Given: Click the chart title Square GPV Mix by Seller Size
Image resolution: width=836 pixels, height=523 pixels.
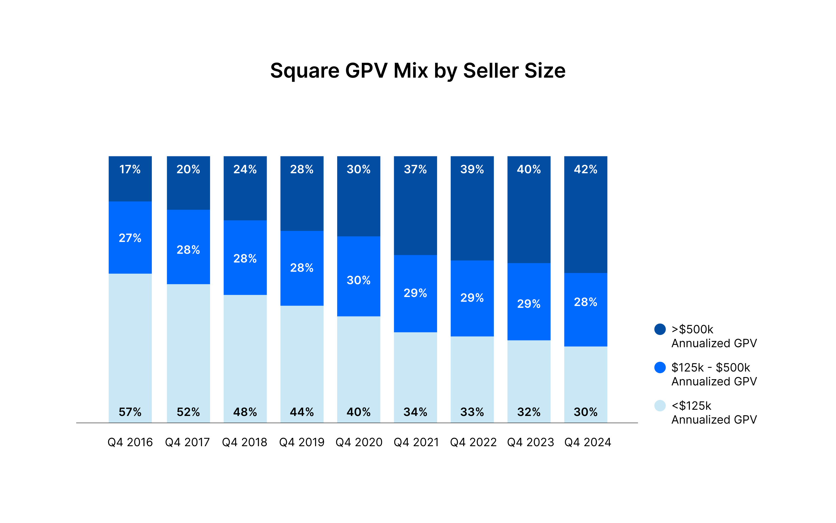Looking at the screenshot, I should (418, 71).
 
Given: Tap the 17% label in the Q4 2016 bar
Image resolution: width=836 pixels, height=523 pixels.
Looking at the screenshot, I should (130, 169).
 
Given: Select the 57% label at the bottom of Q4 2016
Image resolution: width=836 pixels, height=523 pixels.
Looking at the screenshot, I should (130, 412).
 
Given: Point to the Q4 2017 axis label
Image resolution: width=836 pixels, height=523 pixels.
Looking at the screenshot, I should (188, 442).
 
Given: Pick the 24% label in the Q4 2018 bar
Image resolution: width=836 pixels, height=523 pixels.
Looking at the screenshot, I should (245, 169).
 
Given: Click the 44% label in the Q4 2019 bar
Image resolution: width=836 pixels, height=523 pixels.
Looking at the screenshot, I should (302, 412).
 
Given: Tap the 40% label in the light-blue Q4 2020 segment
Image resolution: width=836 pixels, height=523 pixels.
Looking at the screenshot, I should (359, 412).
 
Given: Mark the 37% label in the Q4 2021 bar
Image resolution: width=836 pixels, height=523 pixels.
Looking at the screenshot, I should (415, 169).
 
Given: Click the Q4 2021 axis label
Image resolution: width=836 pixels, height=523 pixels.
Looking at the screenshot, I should (416, 442).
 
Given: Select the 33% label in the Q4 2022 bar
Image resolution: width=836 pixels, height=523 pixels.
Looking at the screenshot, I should (472, 412).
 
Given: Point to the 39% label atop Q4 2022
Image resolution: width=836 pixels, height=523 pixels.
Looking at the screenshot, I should (472, 169).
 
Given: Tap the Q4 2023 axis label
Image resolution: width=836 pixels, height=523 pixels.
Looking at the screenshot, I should (530, 442).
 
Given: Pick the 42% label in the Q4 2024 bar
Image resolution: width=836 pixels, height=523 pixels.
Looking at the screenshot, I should (586, 169).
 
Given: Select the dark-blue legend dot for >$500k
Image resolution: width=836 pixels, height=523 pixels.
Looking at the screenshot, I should (660, 329).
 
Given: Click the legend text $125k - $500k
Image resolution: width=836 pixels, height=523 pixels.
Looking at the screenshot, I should (711, 367).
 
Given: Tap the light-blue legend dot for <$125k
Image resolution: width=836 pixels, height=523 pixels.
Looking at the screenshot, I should (660, 405).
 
